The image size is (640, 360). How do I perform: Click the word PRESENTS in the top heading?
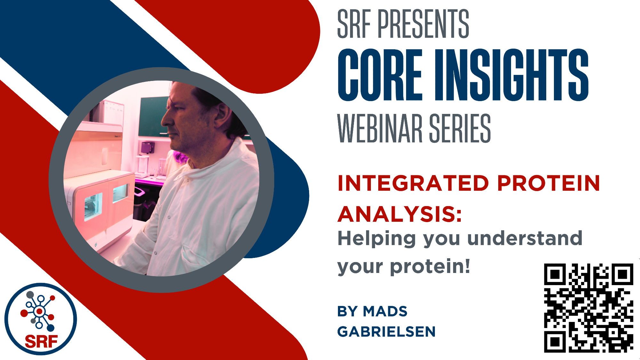(x=423, y=24)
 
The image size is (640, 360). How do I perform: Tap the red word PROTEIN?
(x=548, y=183)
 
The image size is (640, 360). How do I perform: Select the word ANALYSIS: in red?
(x=400, y=214)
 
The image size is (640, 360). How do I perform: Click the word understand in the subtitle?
(x=525, y=238)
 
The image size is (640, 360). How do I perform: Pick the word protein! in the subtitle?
(x=430, y=267)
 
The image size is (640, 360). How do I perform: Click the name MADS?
(x=385, y=311)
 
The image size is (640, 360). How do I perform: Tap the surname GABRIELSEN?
(x=387, y=332)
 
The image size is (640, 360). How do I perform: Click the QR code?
(x=589, y=308)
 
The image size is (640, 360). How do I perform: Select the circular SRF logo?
(x=41, y=319)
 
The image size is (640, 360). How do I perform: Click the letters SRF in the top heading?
(x=354, y=24)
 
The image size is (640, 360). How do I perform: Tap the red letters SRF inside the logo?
(x=41, y=342)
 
